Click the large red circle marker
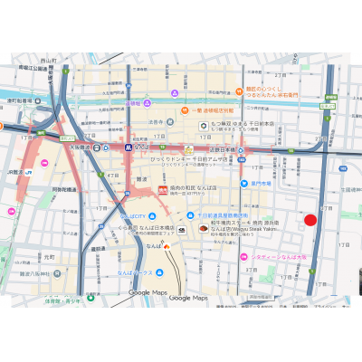pos(310,220)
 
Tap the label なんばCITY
pos(133,217)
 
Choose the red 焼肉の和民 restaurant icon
pos(164,190)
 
